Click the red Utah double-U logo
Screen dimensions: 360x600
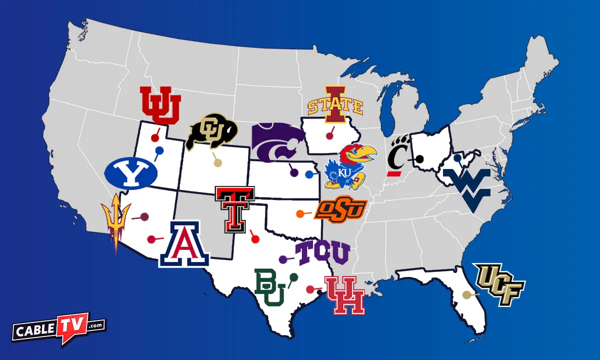(x=160, y=105)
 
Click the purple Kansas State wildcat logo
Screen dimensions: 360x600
(x=278, y=142)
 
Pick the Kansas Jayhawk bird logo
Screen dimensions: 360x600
(x=350, y=166)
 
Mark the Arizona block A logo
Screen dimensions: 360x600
(x=184, y=244)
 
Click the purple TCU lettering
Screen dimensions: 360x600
(x=322, y=253)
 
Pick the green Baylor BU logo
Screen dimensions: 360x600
(x=270, y=287)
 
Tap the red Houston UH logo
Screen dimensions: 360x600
(x=345, y=295)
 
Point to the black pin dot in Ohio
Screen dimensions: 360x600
(x=420, y=159)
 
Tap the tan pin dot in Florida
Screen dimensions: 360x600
(x=466, y=295)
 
